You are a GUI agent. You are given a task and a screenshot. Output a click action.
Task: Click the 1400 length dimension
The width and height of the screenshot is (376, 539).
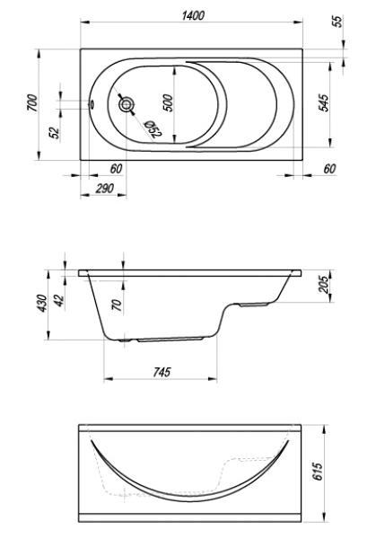(x=193, y=15)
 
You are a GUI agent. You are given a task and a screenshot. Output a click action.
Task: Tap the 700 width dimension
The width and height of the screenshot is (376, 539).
(x=32, y=102)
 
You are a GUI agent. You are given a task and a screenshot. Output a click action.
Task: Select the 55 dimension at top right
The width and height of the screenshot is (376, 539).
(x=338, y=22)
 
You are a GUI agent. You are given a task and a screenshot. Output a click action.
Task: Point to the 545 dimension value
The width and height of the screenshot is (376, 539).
(x=324, y=102)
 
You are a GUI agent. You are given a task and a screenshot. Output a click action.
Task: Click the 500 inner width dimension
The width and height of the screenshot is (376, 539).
(x=168, y=102)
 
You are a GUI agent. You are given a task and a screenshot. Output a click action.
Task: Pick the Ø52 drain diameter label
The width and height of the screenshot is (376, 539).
(x=153, y=129)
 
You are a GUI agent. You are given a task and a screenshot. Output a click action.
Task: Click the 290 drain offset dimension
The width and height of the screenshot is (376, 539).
(x=104, y=189)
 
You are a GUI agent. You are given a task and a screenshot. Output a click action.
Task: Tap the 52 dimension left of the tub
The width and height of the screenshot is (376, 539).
(x=55, y=132)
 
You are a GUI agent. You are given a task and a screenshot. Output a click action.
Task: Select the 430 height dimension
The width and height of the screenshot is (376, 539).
(x=42, y=304)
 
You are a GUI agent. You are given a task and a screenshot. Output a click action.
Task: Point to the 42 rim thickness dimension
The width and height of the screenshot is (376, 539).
(x=60, y=301)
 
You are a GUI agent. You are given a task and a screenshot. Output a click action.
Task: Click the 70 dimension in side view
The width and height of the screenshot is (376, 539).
(x=118, y=305)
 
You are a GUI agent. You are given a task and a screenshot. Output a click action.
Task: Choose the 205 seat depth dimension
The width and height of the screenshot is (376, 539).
(x=324, y=284)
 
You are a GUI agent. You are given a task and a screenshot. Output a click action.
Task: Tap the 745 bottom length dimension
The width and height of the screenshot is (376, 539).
(x=162, y=372)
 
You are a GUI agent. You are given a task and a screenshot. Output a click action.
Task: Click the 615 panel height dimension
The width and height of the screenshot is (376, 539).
(x=318, y=472)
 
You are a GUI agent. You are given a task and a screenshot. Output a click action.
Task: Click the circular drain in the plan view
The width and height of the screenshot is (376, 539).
(x=127, y=104)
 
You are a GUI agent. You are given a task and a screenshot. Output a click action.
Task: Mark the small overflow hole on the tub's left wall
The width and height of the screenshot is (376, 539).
(x=92, y=104)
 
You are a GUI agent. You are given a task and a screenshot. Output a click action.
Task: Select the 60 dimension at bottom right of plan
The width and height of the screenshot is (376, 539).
(x=329, y=169)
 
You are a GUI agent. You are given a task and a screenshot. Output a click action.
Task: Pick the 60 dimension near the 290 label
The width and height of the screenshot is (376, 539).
(x=117, y=169)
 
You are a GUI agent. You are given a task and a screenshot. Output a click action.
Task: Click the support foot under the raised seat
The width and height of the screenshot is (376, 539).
(x=253, y=305)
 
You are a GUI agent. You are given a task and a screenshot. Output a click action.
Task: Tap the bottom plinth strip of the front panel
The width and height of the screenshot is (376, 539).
(x=190, y=517)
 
